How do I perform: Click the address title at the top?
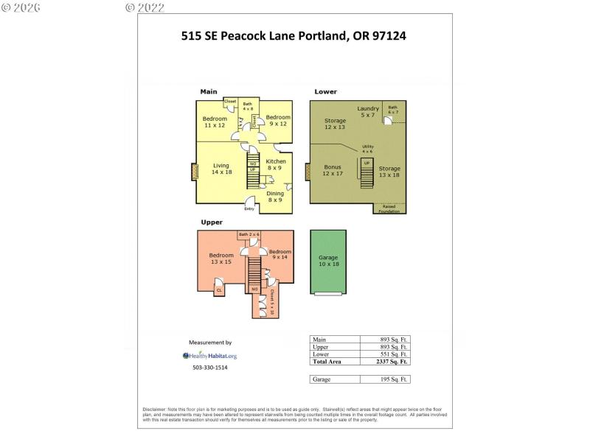tap(294, 35)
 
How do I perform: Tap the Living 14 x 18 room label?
tap(221, 169)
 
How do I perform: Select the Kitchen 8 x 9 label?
tap(276, 165)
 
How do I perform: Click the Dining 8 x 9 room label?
tap(275, 197)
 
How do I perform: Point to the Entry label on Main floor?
tap(249, 208)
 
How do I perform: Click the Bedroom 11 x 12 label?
tap(215, 122)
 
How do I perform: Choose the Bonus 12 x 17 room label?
tap(333, 170)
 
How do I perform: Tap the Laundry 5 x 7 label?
tap(368, 113)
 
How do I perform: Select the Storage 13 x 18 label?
tap(389, 172)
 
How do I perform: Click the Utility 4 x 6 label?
tap(367, 149)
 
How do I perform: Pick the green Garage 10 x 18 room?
tap(328, 261)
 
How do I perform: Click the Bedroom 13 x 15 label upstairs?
tap(221, 259)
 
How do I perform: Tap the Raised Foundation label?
tap(389, 209)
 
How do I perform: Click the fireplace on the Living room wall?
tap(195, 172)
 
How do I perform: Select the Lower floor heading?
tap(325, 92)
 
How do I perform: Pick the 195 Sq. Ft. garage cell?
tap(384, 379)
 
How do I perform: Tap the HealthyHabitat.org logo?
tap(209, 355)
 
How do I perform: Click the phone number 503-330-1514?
tap(209, 368)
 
